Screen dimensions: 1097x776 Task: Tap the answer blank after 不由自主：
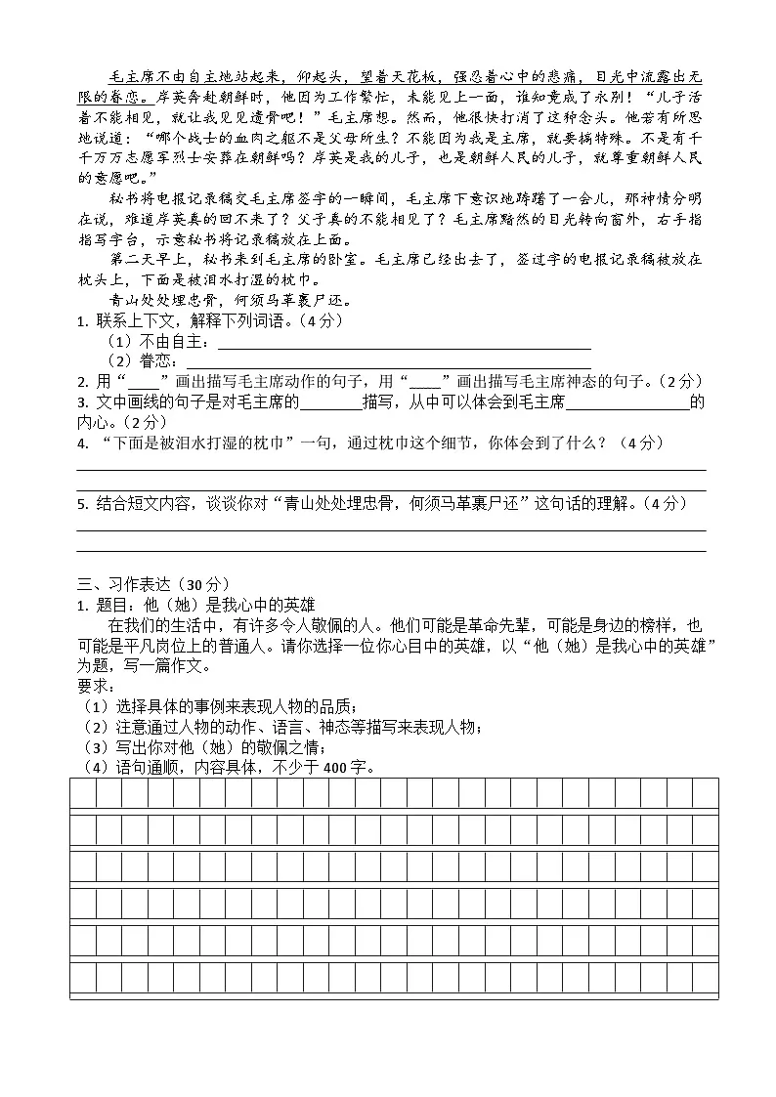click(404, 344)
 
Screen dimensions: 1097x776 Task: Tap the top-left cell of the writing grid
click(83, 794)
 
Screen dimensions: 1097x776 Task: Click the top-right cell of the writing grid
click(705, 794)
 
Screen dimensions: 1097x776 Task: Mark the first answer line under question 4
click(391, 469)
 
